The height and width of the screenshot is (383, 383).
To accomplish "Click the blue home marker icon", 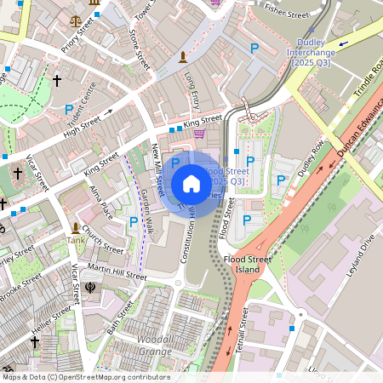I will point(191,184).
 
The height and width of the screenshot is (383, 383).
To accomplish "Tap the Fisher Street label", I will point(287,12).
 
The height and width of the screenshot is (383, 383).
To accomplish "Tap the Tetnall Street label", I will point(241,331).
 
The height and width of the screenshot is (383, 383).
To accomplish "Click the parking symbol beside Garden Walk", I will point(133,222).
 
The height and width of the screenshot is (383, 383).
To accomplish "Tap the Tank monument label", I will point(77,240).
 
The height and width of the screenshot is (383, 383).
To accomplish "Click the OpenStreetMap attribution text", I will point(85,376).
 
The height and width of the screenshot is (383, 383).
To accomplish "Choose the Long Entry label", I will point(192,89).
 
